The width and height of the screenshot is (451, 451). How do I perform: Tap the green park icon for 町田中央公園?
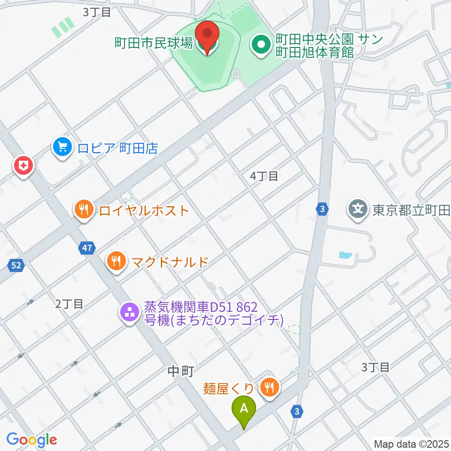[x=260, y=46]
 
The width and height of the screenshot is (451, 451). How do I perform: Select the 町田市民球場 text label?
[x=154, y=44]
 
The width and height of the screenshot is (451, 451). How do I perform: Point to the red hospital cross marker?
[x=22, y=165]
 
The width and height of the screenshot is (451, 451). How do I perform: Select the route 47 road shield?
[x=88, y=248]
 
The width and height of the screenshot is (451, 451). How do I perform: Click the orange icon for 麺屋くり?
[x=269, y=388]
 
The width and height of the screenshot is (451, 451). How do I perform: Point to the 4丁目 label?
[x=264, y=177]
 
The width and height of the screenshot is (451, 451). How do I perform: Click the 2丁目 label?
[x=69, y=304]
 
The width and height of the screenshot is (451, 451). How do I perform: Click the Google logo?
[x=31, y=440]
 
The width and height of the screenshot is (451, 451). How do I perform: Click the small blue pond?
[x=345, y=256]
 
